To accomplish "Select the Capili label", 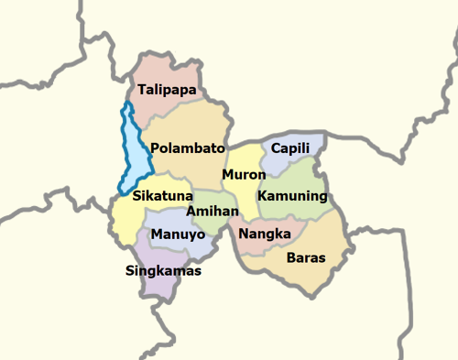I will pos(290,148).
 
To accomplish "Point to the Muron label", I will pos(244,174).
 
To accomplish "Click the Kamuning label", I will pos(292,196).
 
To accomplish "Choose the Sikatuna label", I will pos(162,196).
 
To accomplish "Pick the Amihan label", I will pos(213,211).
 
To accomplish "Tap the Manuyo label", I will pos(178,234).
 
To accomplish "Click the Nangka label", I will pos(265,234).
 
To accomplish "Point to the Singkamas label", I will pos(163,271).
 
